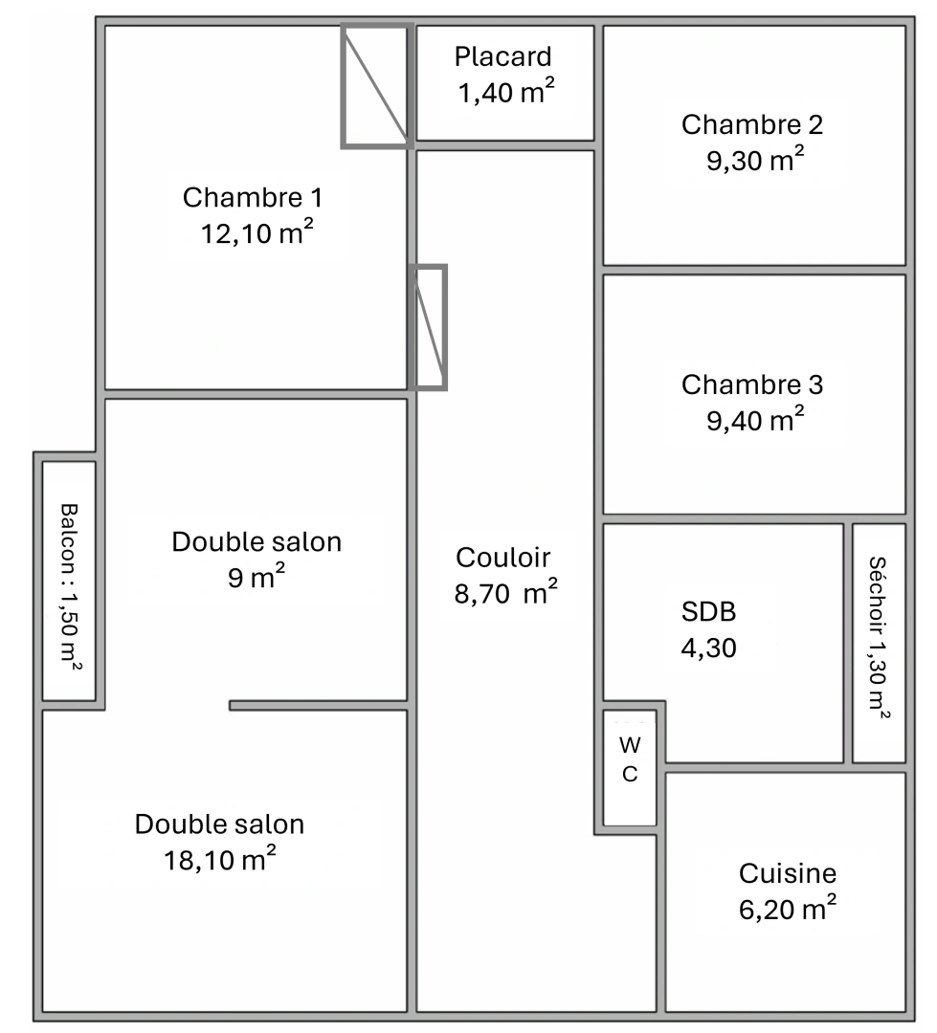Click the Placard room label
pos(503,56)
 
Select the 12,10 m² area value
pos(257,233)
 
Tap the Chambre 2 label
pos(752,124)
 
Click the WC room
pos(630,759)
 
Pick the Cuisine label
pos(787,872)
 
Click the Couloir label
pos(503,557)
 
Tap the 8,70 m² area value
pos(505,593)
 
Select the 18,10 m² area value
pos(220,859)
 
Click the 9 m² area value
pos(257,578)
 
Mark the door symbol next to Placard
pos(377,86)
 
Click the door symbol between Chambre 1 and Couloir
pos(430,327)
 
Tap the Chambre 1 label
pos(253,198)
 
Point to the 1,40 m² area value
pos(506,93)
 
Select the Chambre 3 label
pos(752,385)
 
